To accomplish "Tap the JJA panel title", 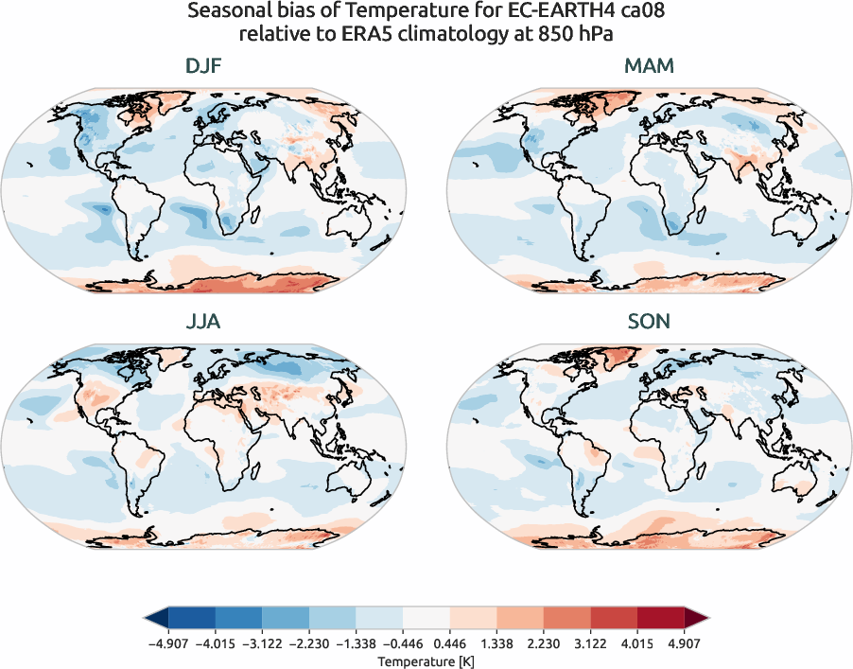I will (x=203, y=322).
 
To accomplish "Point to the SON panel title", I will (x=649, y=322).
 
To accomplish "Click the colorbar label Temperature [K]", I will (x=426, y=660).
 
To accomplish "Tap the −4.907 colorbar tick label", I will (x=167, y=643).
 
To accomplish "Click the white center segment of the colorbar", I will (x=426, y=620).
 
